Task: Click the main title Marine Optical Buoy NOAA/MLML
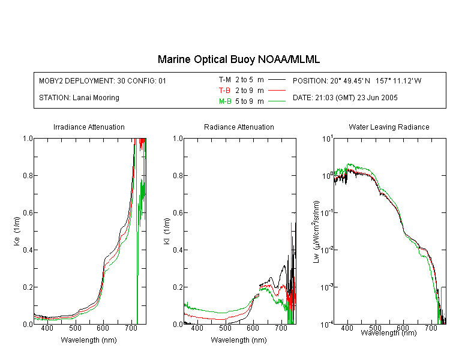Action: click(x=238, y=59)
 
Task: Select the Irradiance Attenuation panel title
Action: click(x=89, y=127)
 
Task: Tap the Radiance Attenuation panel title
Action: click(x=239, y=127)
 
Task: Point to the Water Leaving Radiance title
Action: click(x=389, y=127)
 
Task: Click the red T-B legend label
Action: click(x=224, y=91)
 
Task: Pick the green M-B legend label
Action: click(x=225, y=101)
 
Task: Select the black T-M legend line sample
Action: click(x=277, y=80)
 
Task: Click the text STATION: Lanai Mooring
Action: click(x=79, y=98)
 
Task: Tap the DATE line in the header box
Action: click(x=345, y=98)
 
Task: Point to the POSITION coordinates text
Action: click(x=357, y=80)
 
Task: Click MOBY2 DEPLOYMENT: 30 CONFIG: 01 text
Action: click(x=103, y=80)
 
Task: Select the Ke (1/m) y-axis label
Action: click(x=17, y=231)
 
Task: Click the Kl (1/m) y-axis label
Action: click(x=167, y=231)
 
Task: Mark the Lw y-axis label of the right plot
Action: click(x=316, y=232)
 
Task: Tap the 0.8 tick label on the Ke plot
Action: click(x=28, y=175)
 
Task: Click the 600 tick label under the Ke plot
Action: click(x=103, y=328)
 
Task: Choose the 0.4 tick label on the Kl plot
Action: click(x=178, y=250)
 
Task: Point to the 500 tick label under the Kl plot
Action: click(x=225, y=328)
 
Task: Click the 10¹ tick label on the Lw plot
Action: click(x=327, y=139)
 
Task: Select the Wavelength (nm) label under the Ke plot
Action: click(x=89, y=340)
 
